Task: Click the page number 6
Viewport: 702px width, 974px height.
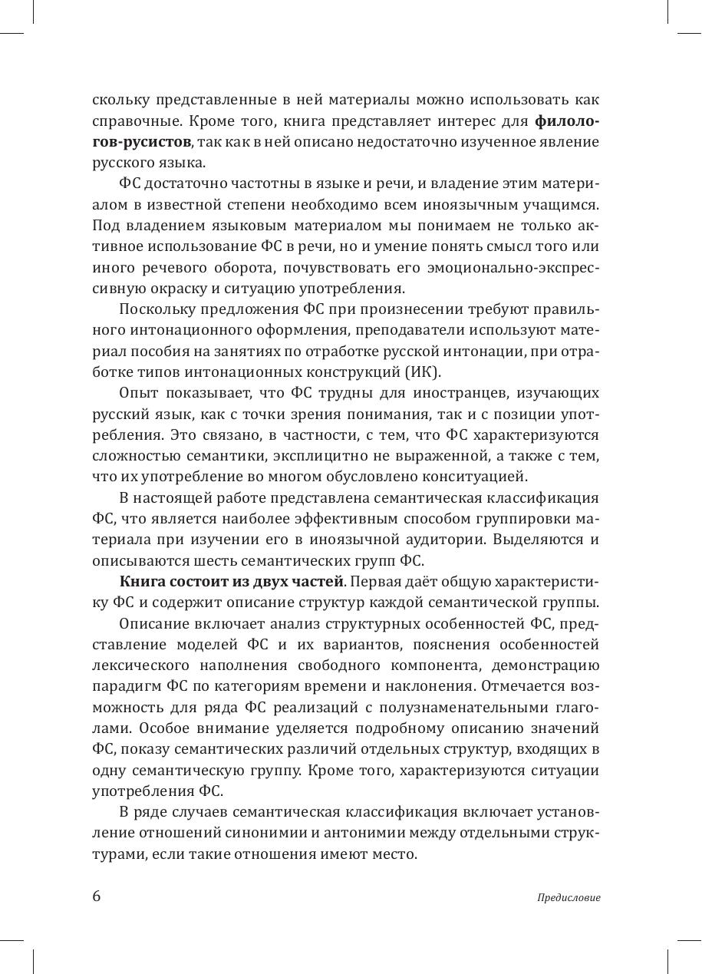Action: point(97,896)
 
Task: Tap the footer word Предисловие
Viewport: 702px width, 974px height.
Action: point(569,897)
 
